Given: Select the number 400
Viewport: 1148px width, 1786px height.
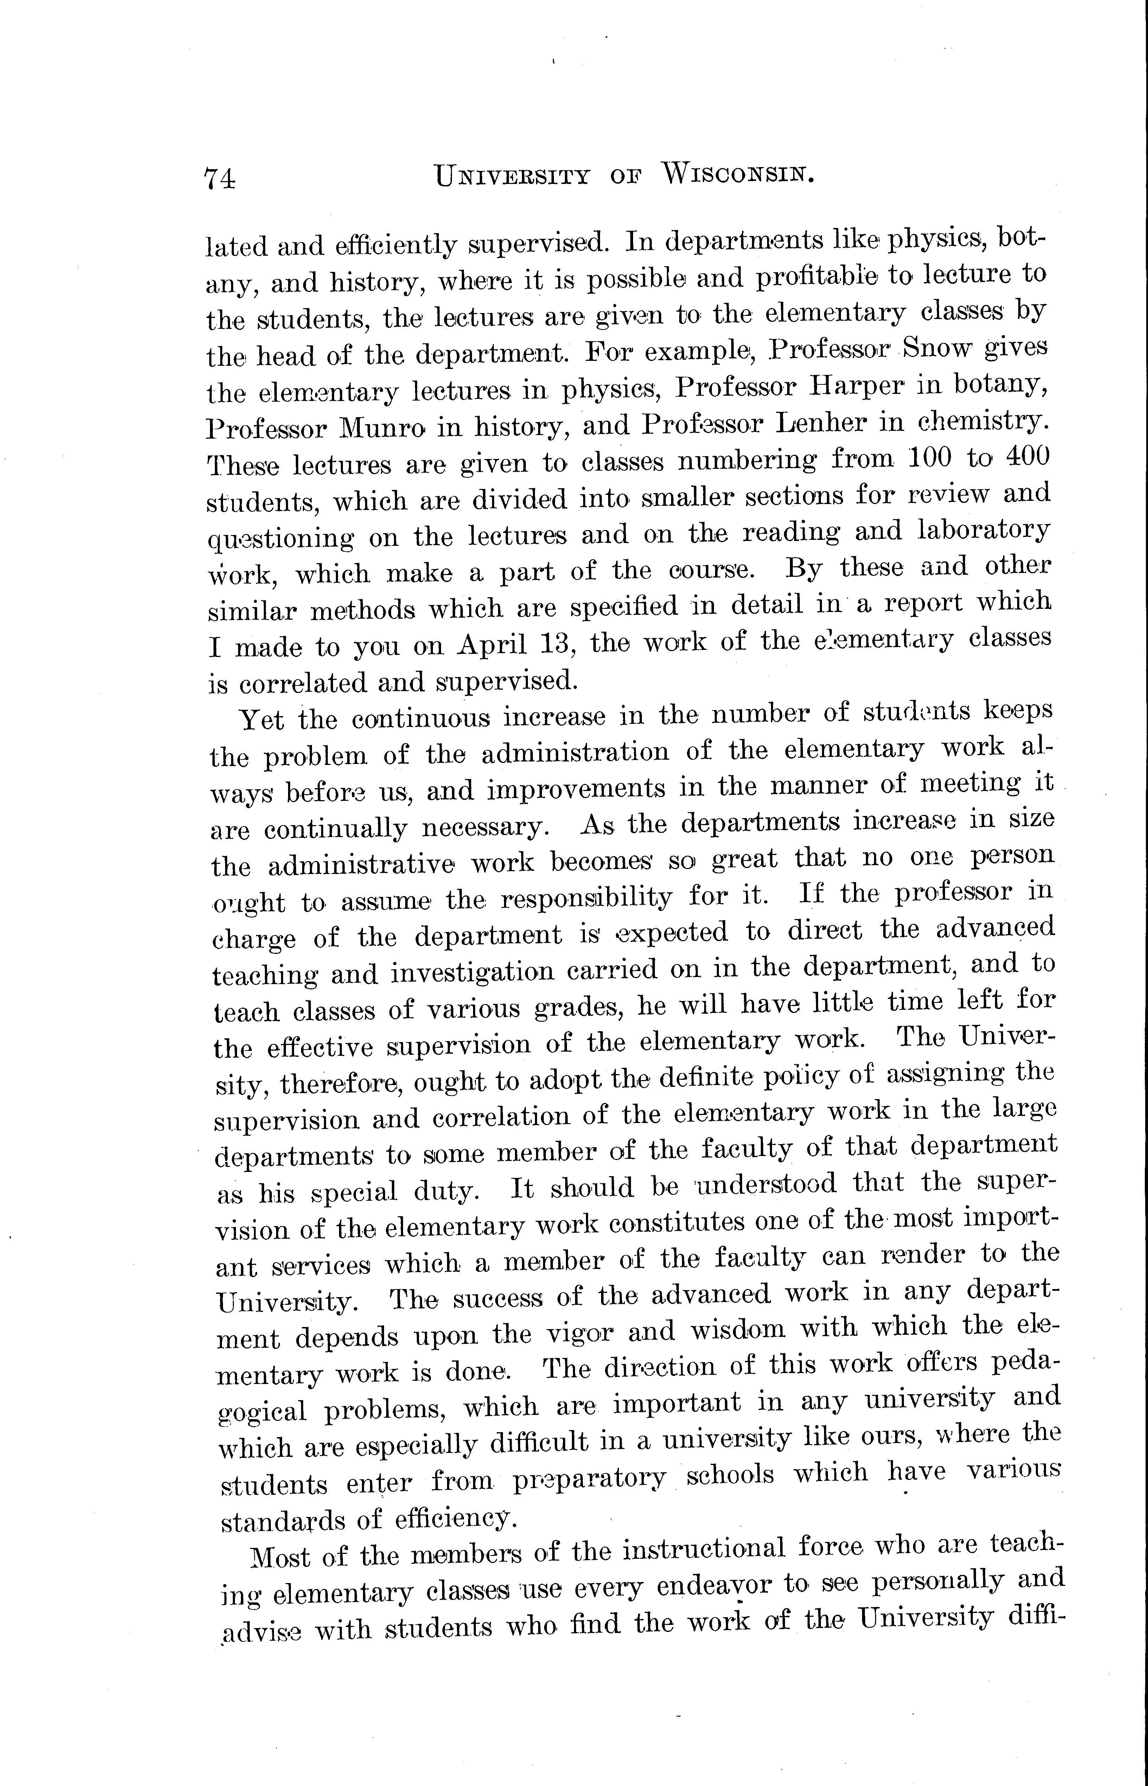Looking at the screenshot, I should (1027, 455).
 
